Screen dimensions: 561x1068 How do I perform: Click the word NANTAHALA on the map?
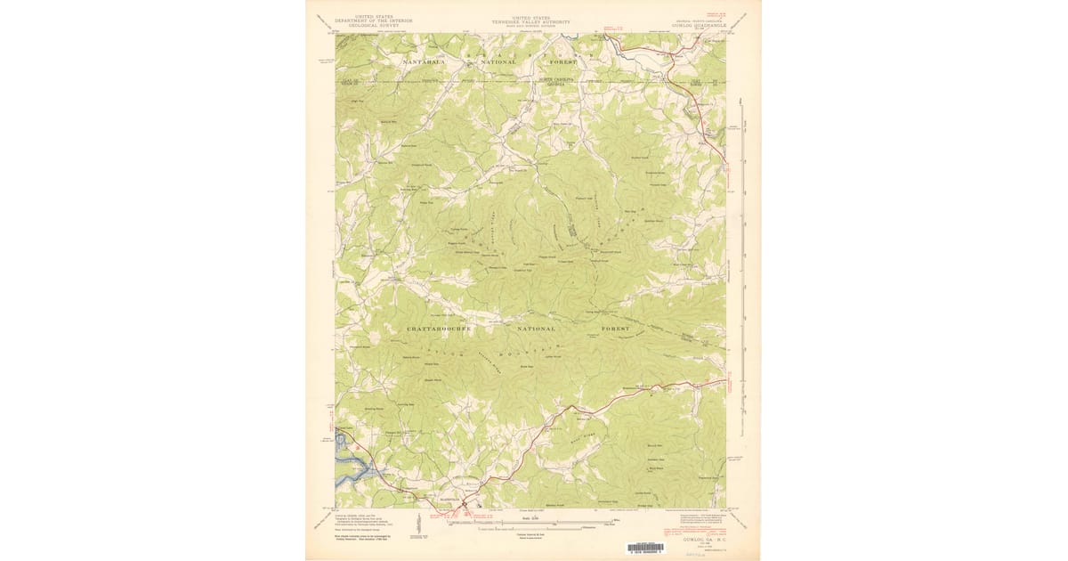428,63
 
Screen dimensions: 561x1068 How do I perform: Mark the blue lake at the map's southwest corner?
348,467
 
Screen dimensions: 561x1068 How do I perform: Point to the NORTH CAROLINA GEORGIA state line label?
554,81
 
